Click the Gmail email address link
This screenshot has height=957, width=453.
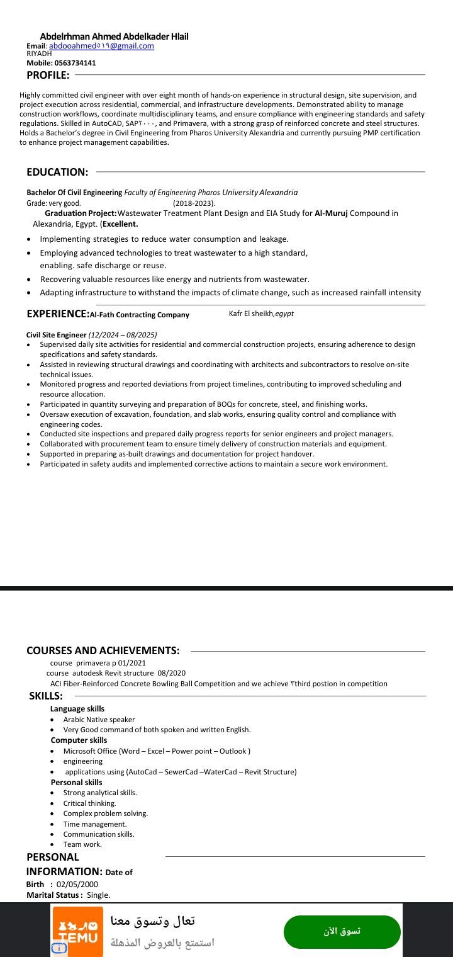coord(101,46)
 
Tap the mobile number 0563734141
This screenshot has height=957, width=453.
coord(75,63)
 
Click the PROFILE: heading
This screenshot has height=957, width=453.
coord(48,76)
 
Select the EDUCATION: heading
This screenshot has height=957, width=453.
coord(57,172)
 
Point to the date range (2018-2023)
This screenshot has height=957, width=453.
coord(194,203)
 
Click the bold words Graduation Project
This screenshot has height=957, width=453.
coord(81,213)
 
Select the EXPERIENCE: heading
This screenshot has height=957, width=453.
coord(58,314)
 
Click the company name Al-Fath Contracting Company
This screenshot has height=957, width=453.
coord(140,315)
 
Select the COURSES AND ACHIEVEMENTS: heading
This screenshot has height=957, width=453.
coord(103,650)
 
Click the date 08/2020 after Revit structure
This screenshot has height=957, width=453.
coord(172,673)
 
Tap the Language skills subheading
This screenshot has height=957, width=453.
coord(77,709)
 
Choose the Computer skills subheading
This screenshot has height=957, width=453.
coord(79,740)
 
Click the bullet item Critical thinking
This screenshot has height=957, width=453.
coord(89,803)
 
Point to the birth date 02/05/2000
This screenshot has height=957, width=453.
coord(77,885)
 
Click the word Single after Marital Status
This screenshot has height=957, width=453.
coord(98,895)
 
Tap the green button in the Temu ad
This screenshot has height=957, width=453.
coord(342,932)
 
